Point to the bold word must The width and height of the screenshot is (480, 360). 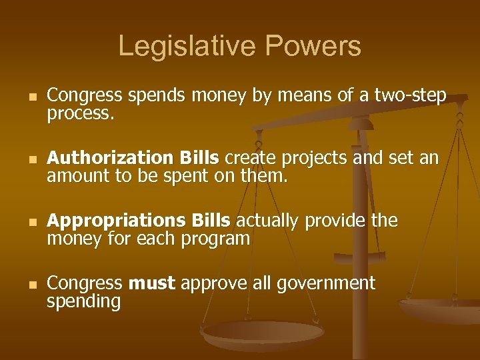pos(151,283)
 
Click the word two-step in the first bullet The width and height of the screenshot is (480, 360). pos(413,97)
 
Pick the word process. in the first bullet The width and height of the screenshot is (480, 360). pos(81,114)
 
